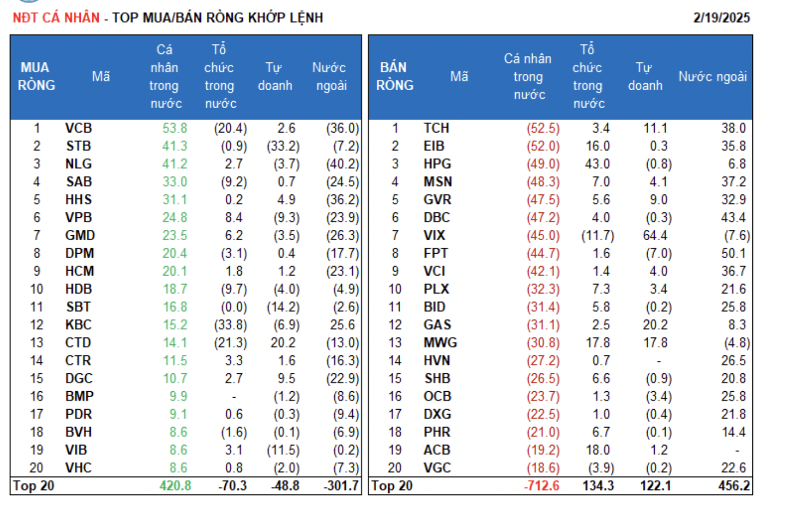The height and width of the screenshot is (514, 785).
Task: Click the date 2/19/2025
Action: (721, 18)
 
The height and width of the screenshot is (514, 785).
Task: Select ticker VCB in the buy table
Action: (79, 128)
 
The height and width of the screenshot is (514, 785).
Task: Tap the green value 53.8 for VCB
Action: (175, 128)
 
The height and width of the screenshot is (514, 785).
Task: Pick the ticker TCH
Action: (436, 128)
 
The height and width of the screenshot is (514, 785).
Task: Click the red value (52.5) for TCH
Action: (543, 128)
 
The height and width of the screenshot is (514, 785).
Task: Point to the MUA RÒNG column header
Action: (36, 77)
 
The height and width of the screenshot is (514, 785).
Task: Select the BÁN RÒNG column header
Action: (395, 77)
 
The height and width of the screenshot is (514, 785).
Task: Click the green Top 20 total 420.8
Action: (175, 486)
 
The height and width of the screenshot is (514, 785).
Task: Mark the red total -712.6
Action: (541, 486)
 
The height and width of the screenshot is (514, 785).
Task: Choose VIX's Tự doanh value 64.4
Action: (655, 236)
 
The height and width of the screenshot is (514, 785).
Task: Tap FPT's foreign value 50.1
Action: (733, 254)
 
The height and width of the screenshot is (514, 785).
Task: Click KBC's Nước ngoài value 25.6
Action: (343, 325)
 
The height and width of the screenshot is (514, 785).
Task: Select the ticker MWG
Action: (440, 343)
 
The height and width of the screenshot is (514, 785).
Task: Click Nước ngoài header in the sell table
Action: (712, 77)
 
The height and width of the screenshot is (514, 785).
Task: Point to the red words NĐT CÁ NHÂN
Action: (56, 18)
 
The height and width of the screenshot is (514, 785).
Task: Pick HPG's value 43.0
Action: (598, 164)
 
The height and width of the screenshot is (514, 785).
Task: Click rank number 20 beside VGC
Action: (395, 468)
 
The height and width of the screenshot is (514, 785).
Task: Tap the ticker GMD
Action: (80, 236)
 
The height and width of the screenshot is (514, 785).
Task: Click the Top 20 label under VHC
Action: (34, 486)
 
